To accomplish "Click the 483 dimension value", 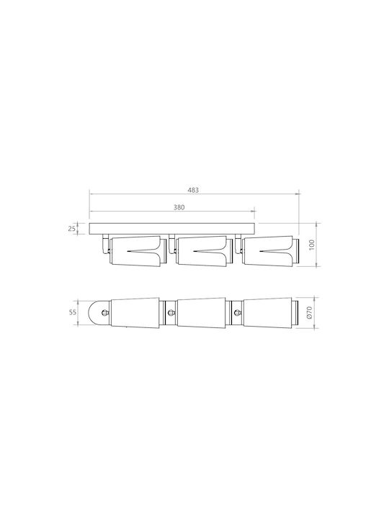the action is [193, 190].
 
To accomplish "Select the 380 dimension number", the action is [179, 207].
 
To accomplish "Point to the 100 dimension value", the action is [312, 245].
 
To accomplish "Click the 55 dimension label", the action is [73, 312].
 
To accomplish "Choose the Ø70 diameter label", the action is [309, 312].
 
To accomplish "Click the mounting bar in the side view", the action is [172, 229].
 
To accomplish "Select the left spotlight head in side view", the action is [138, 251].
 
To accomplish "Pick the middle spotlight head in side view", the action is [204, 251].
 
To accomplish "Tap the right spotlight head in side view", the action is [271, 251].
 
